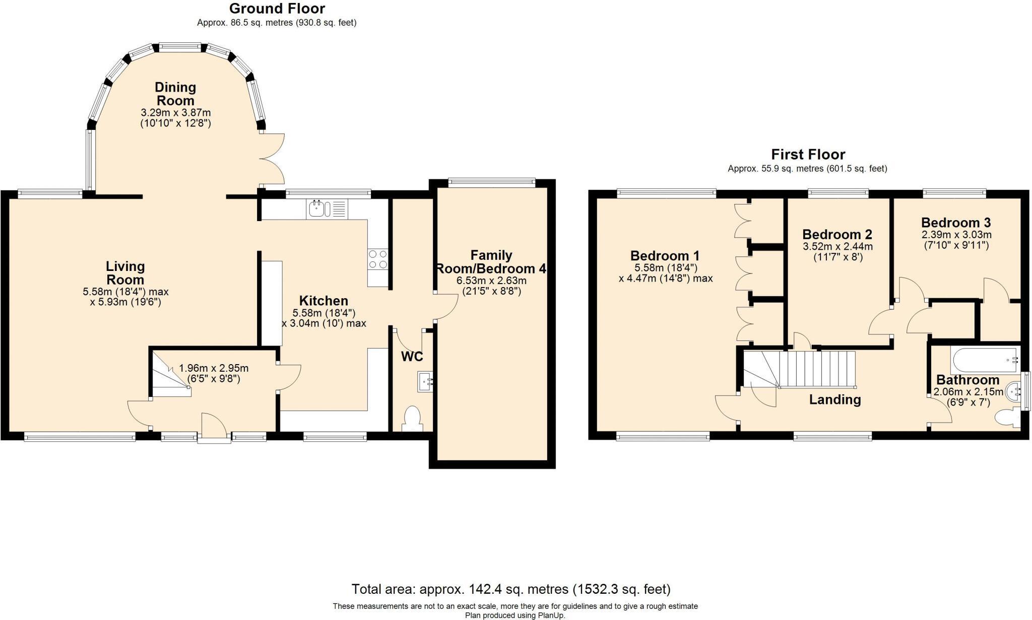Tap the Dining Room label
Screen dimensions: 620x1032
click(x=175, y=94)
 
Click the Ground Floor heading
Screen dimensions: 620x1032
click(x=277, y=9)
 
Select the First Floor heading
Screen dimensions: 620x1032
click(x=808, y=154)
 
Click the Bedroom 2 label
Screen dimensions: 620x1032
click(x=837, y=234)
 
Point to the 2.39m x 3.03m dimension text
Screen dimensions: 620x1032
click(x=956, y=235)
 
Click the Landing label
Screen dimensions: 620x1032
click(x=834, y=400)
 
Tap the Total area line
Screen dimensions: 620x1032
click(x=510, y=589)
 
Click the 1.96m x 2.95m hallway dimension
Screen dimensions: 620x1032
click(x=214, y=368)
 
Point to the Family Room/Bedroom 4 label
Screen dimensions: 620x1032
click(x=491, y=262)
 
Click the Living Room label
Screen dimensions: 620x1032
click(x=125, y=273)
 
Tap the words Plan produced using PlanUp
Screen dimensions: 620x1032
click(x=514, y=615)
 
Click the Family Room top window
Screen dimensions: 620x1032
click(x=491, y=183)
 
